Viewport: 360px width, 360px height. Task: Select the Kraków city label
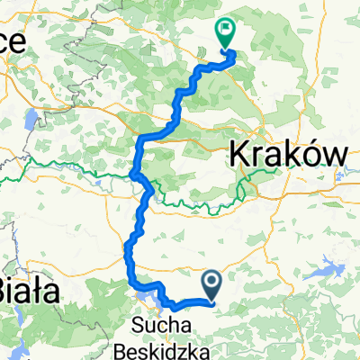coord(288,155)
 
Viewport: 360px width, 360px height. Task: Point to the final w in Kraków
coord(331,156)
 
